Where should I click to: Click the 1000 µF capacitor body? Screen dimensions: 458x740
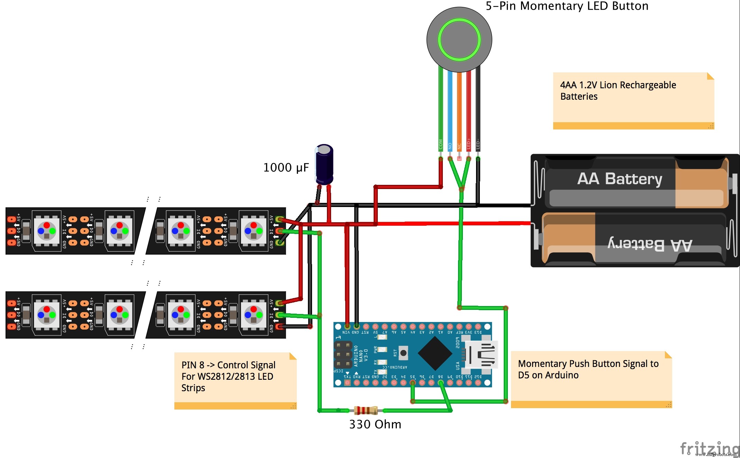(x=324, y=164)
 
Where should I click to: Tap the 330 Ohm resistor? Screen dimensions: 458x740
(x=366, y=411)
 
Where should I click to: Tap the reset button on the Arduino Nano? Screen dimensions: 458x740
(x=403, y=353)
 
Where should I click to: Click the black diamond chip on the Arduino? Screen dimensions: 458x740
(x=435, y=353)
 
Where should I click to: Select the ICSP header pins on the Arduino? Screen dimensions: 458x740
(x=343, y=354)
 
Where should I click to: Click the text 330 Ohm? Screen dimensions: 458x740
(x=375, y=424)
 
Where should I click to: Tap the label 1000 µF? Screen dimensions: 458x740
(x=286, y=168)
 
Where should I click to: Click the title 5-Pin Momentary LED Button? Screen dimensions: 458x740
(x=567, y=6)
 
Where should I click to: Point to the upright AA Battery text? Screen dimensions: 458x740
(x=619, y=179)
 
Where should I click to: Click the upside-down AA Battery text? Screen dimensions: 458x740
(x=650, y=244)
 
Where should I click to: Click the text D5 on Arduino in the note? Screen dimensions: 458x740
(x=548, y=375)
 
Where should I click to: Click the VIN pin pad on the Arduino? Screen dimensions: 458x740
(x=347, y=326)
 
